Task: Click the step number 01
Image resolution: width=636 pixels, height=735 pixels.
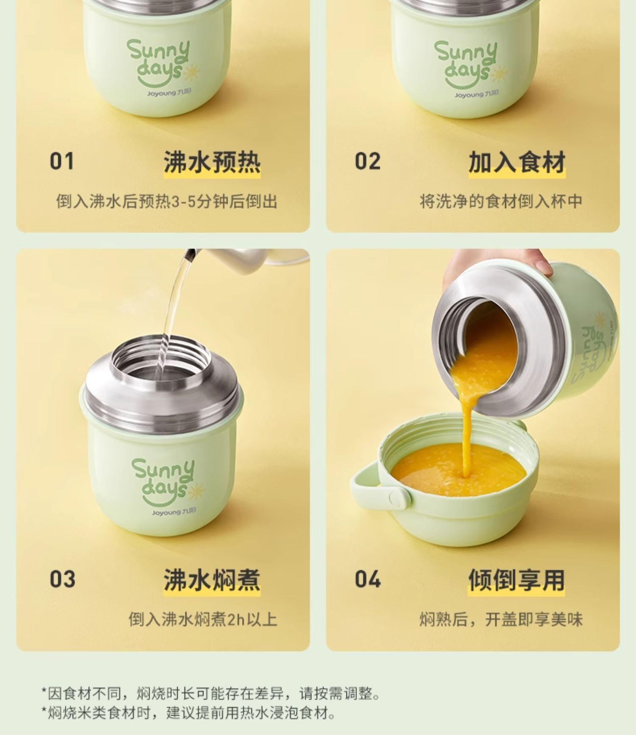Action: [62, 162]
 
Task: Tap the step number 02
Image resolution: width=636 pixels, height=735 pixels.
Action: [368, 162]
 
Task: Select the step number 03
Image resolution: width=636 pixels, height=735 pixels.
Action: [62, 579]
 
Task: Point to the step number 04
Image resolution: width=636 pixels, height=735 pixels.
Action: [368, 579]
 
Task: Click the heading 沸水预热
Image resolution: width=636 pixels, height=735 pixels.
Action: [212, 162]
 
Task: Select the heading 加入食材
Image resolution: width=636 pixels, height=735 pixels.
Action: [517, 162]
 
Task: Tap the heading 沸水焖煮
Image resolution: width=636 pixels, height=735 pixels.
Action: [212, 580]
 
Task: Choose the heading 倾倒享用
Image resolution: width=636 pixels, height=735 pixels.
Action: [517, 580]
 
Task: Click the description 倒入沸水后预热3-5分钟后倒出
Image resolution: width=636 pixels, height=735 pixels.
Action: [167, 201]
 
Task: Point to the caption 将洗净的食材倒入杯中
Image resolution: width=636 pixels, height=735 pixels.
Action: [501, 201]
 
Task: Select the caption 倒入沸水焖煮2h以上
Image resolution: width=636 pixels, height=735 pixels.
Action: [203, 620]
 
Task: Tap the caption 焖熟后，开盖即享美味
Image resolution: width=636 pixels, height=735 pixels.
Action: [501, 620]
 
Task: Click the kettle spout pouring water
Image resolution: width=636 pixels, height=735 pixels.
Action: [190, 254]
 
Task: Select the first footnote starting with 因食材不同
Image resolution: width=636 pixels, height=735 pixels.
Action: [211, 694]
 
